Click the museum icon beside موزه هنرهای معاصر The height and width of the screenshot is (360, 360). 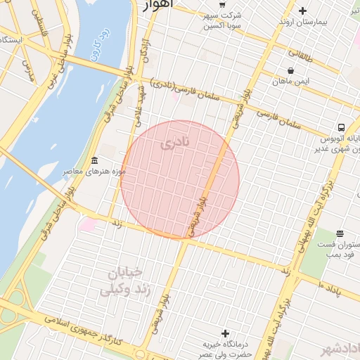95,162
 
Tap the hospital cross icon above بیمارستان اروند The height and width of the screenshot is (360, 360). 302,11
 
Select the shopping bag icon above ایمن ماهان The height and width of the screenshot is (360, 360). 290,70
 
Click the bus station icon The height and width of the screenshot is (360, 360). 341,127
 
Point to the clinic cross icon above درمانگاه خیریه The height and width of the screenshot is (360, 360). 225,333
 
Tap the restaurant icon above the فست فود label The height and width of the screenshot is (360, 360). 340,233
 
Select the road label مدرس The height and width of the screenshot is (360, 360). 28,67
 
